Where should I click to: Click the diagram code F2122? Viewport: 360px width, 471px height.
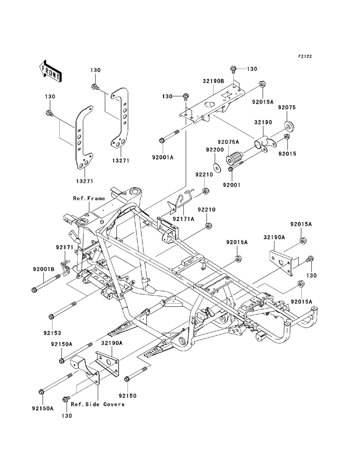coord(305,56)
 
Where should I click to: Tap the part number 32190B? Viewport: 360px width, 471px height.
coord(213,81)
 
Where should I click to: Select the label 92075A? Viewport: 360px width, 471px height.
coord(228,142)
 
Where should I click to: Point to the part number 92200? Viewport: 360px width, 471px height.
coord(215,150)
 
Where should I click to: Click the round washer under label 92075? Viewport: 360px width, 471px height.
coord(289,126)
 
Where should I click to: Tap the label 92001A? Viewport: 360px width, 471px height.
coord(163,158)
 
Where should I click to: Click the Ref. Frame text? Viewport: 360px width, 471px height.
coord(89,198)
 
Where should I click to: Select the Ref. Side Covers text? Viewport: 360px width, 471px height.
coord(98,404)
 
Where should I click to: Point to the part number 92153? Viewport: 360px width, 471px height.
coord(52,333)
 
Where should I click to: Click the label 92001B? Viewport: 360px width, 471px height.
coord(44,269)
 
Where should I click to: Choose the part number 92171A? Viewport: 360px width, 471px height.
coord(184,219)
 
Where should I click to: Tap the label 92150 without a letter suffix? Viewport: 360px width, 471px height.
coord(127,396)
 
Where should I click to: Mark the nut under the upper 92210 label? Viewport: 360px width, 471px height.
coord(206,191)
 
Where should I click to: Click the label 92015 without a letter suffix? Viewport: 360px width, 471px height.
coord(287,154)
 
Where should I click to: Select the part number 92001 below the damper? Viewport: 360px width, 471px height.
coord(232,185)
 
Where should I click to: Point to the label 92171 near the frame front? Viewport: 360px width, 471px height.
coord(65,248)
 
